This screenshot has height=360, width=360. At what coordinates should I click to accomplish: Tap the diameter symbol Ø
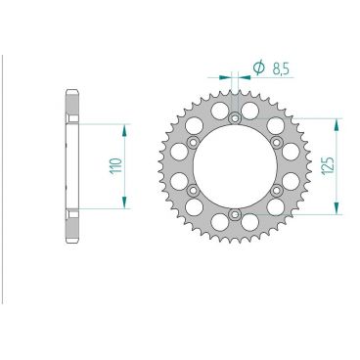click(259, 67)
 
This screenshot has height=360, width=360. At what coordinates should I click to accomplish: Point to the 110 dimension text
click(113, 165)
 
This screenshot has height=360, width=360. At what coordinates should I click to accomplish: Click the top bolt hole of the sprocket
click(235, 118)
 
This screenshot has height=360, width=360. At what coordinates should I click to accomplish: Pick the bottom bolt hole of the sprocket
click(235, 214)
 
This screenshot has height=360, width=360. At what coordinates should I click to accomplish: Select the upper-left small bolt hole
click(194, 143)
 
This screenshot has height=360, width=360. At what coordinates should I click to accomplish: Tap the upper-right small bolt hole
click(277, 143)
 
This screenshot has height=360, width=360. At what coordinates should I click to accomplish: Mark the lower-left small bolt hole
click(194, 191)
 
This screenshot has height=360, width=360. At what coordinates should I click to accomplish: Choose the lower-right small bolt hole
click(277, 191)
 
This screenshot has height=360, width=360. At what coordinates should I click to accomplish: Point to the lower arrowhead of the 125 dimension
click(337, 209)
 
